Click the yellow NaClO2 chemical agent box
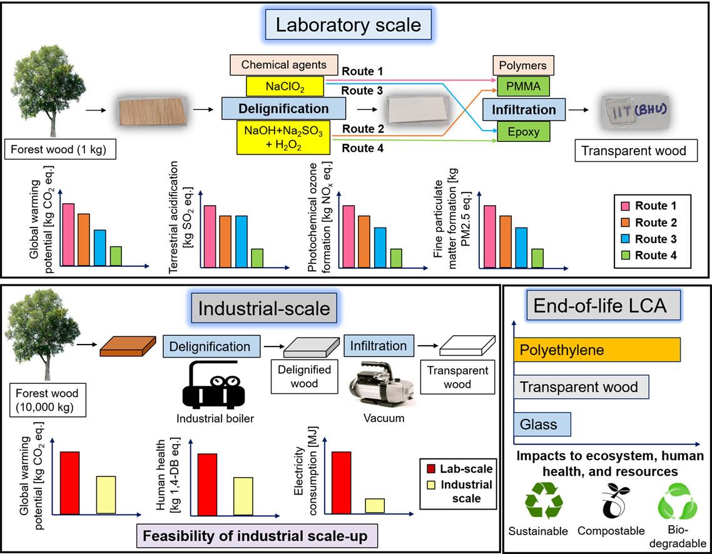[x=285, y=86]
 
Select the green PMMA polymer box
[x=523, y=86]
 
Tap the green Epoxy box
[x=523, y=132]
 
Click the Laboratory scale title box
[x=348, y=24]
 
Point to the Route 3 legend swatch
[x=625, y=239]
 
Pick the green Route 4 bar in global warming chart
[x=116, y=256]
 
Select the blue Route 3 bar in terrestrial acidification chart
[x=242, y=241]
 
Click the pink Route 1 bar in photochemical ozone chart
[x=348, y=236]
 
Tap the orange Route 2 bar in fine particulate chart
[x=506, y=241]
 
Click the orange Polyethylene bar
[x=597, y=350]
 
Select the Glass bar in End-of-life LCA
[x=542, y=424]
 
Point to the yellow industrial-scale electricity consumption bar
[x=375, y=506]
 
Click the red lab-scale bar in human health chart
[x=207, y=485]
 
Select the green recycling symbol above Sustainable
[x=544, y=500]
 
